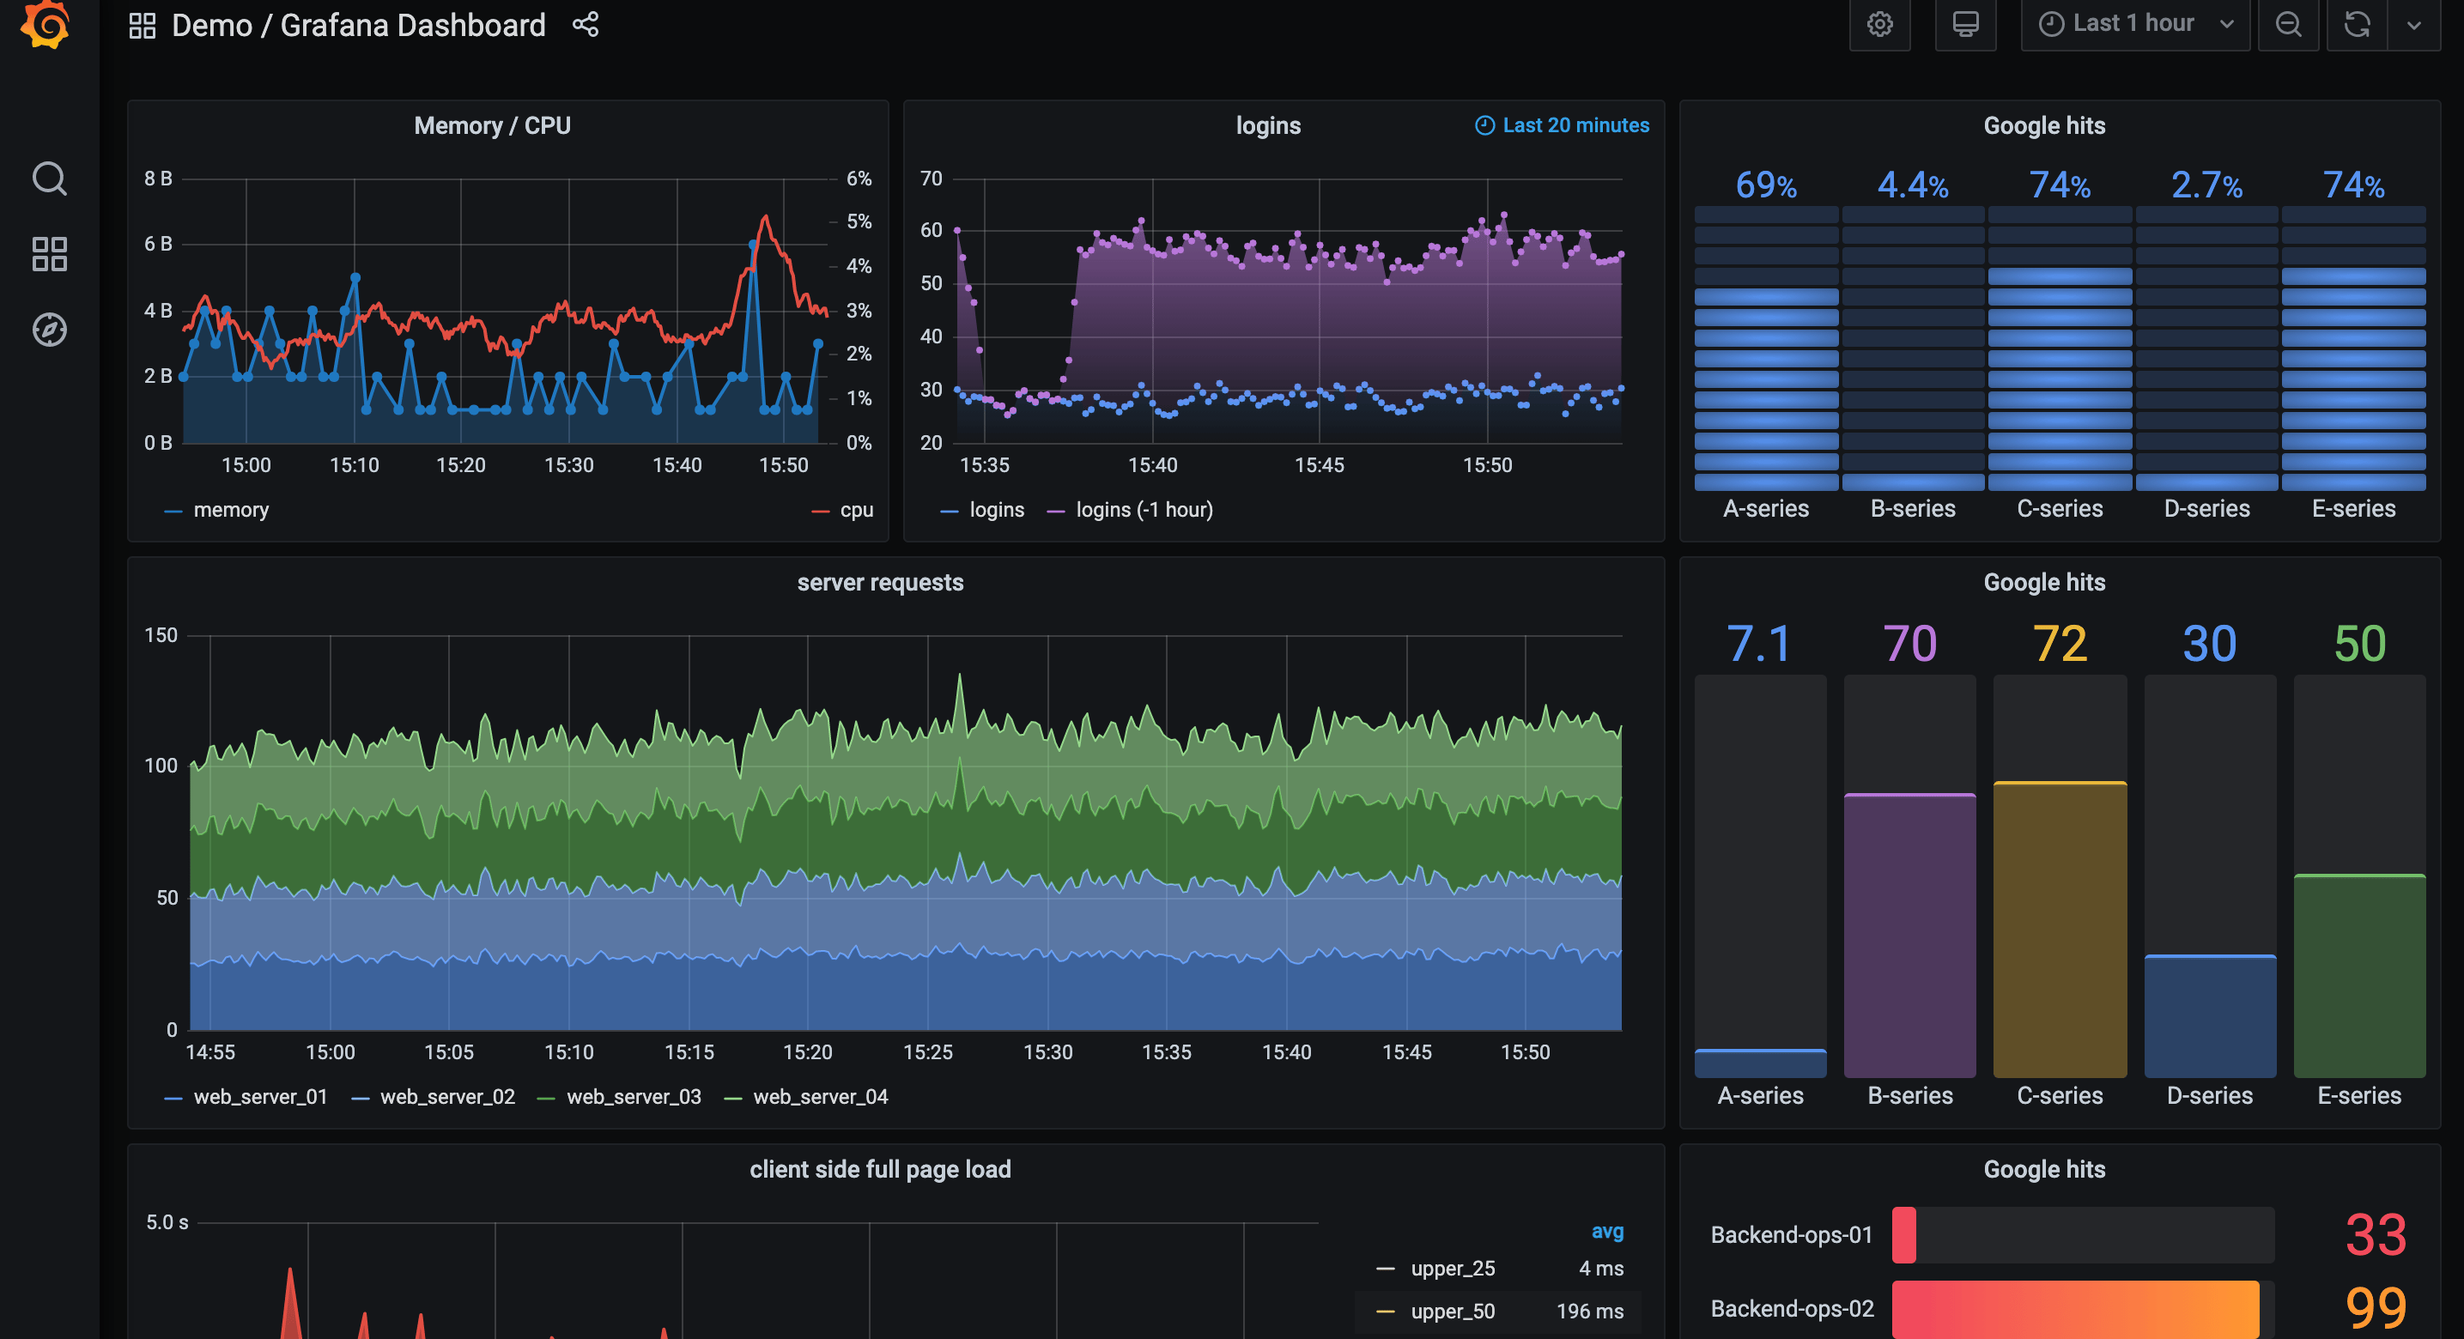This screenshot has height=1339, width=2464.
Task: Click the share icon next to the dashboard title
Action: tap(586, 25)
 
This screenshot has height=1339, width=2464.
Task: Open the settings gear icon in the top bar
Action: tap(1878, 25)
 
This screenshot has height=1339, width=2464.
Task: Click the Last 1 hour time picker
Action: tap(2133, 24)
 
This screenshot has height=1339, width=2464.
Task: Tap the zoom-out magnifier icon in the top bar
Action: tap(2287, 25)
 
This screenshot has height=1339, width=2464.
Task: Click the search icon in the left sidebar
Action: tap(49, 179)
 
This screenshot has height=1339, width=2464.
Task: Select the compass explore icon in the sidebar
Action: tap(49, 330)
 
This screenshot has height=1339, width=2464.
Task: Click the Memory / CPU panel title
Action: tap(492, 125)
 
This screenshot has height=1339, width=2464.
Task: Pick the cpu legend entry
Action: tap(854, 511)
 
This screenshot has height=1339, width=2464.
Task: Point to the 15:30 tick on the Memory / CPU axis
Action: tap(568, 466)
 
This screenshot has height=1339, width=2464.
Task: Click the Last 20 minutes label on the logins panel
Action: tap(1574, 125)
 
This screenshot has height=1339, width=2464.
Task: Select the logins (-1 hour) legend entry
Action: tap(1142, 511)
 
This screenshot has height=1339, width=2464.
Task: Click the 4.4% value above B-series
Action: tap(1912, 185)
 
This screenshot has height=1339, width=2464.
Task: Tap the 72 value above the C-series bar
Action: tap(2059, 644)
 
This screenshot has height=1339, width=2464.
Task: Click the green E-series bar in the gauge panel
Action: tap(2358, 976)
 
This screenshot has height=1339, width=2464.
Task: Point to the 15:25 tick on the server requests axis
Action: tap(927, 1052)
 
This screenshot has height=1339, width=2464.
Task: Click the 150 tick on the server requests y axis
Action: tap(161, 636)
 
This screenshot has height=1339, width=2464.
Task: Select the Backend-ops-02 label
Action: tap(1791, 1308)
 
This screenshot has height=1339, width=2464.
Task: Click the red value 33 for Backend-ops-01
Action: tap(2374, 1235)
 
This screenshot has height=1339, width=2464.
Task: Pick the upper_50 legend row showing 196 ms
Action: tap(1498, 1312)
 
